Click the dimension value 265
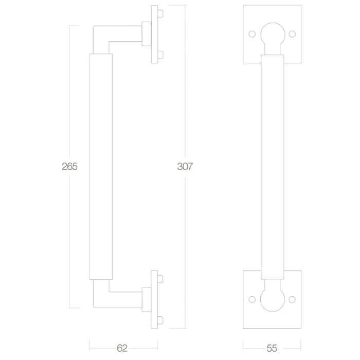[x=69, y=167]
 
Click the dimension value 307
[x=185, y=167]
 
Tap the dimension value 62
[x=122, y=348]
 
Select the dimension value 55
[x=272, y=348]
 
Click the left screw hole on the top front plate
[x=252, y=34]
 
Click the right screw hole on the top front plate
[x=292, y=34]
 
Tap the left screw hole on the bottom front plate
[x=252, y=299]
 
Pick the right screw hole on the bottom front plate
[x=292, y=299]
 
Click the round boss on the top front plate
[x=273, y=34]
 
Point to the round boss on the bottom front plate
[x=272, y=299]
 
